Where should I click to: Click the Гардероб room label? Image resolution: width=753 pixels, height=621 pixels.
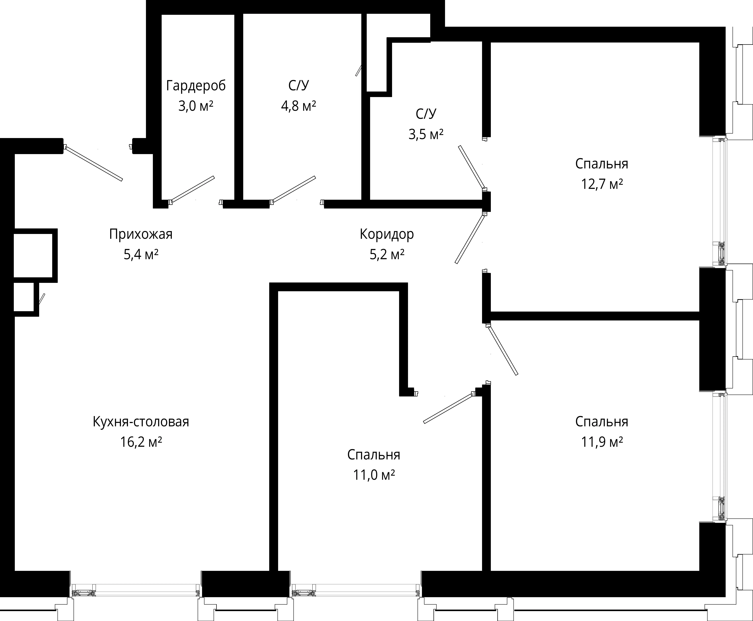[x=196, y=86]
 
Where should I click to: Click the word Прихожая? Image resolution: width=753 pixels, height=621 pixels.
[x=141, y=234]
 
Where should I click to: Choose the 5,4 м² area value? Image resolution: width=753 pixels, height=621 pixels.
[x=141, y=255]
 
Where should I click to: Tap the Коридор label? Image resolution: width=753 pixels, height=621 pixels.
[x=387, y=234]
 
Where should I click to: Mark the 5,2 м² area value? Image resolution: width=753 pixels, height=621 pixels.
[x=387, y=255]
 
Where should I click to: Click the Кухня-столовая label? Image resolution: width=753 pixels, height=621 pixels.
[x=141, y=422]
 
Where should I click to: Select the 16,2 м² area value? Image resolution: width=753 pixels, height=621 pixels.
[x=141, y=442]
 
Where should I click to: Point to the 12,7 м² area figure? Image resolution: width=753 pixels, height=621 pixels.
[x=602, y=184]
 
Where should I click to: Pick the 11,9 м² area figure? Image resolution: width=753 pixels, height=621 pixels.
[x=602, y=442]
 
